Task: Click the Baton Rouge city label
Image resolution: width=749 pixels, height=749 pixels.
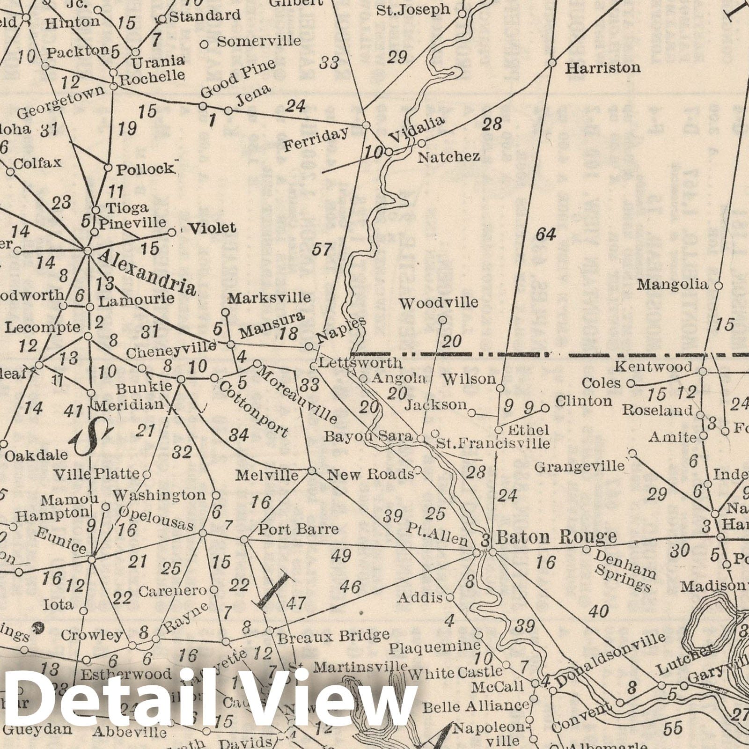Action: coord(556,536)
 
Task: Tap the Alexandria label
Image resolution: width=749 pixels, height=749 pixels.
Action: coord(147,272)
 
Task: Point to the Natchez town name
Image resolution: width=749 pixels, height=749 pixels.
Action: coord(448,156)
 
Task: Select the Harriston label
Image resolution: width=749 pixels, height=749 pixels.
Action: coord(602,68)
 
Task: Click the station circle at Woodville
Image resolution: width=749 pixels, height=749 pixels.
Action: coord(442,320)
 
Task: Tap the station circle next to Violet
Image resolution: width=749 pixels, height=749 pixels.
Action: coord(172,232)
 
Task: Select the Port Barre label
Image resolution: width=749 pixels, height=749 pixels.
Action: coord(298,529)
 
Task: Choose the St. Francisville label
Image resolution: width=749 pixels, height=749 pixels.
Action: coord(492,442)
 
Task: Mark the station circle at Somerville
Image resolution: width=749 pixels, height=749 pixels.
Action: coord(204,44)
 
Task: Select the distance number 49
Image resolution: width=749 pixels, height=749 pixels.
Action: coord(341,556)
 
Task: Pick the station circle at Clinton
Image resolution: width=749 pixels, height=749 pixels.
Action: coord(545,408)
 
